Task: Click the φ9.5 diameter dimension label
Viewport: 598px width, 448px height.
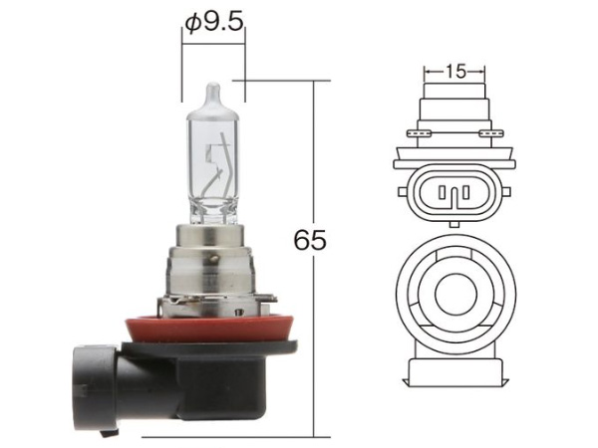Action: (x=214, y=23)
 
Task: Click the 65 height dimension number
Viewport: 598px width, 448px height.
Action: (x=310, y=240)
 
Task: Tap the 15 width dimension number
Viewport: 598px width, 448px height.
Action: (x=455, y=71)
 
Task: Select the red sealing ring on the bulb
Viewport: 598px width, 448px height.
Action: (x=211, y=328)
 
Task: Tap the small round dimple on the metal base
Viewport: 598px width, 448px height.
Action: (x=214, y=260)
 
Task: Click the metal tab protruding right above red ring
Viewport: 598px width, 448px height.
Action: (x=268, y=298)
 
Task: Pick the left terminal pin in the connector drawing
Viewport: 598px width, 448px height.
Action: (x=442, y=192)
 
